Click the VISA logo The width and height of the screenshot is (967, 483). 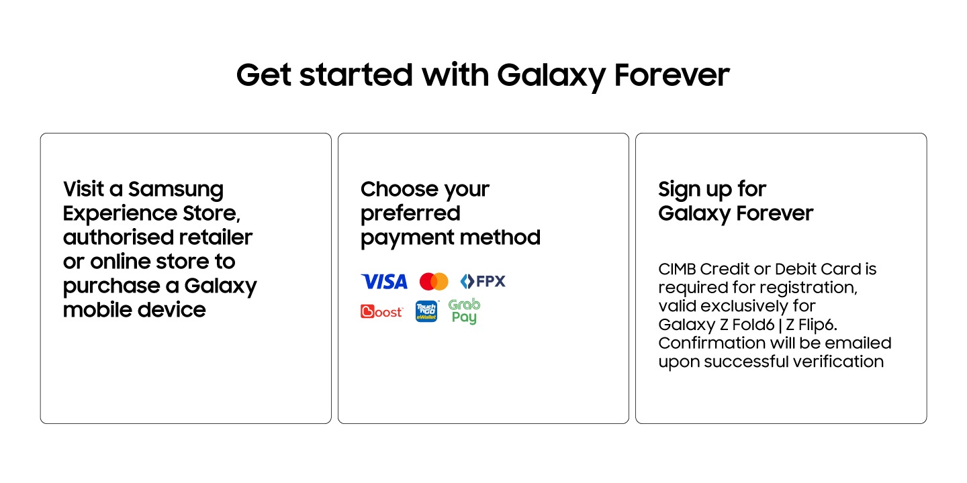(x=384, y=282)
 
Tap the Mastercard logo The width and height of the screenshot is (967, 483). (x=434, y=282)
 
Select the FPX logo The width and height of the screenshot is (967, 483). (x=483, y=282)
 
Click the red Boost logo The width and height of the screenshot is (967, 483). (x=381, y=311)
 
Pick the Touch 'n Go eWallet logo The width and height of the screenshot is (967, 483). (x=426, y=311)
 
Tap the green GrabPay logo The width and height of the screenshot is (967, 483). (x=464, y=311)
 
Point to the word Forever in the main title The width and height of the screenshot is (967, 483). (x=672, y=75)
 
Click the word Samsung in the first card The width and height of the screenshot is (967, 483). (x=176, y=189)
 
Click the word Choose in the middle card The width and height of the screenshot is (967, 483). (x=392, y=189)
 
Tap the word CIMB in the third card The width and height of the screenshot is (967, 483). (x=677, y=269)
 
